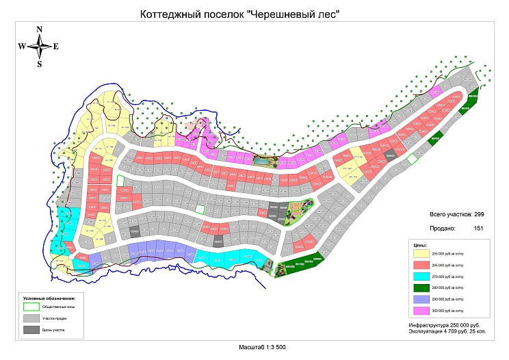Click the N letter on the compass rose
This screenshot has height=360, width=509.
coord(40,29)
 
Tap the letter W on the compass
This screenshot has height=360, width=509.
coord(23,47)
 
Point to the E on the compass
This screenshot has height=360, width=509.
coord(56,47)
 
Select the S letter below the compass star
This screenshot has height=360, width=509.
coord(40,64)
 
